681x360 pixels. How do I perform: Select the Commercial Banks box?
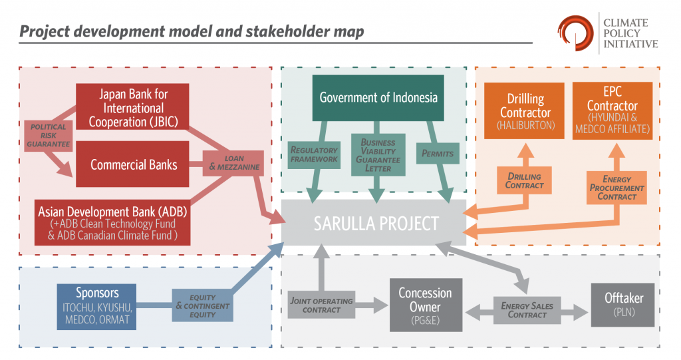pos(134,164)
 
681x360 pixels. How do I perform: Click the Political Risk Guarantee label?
pos(48,135)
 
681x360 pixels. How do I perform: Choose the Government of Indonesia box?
pos(378,98)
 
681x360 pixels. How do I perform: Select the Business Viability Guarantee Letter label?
pos(378,155)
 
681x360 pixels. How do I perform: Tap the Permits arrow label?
pos(437,154)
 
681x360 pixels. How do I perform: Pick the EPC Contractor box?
pos(612,111)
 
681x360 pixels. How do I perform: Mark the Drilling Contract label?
pos(524,181)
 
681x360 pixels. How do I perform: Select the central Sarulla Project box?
pos(376,223)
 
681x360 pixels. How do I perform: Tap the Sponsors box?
pos(97,307)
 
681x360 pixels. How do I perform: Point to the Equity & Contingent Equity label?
pos(203,306)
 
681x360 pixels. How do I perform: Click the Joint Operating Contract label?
pos(321,305)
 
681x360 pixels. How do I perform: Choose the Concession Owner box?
pos(425,305)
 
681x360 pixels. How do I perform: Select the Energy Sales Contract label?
pos(527,310)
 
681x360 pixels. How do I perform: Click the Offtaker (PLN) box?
pos(622,305)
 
